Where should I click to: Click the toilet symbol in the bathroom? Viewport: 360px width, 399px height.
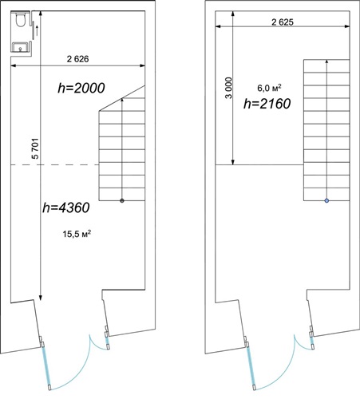pyautogui.click(x=21, y=19)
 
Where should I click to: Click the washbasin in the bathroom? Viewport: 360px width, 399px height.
pyautogui.click(x=20, y=47)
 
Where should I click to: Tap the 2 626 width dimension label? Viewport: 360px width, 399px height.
pyautogui.click(x=77, y=59)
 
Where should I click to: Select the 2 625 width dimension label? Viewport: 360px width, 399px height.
pyautogui.click(x=283, y=22)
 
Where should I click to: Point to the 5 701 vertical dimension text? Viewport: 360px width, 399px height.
pyautogui.click(x=35, y=148)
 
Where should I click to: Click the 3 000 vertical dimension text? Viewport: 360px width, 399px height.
pyautogui.click(x=228, y=88)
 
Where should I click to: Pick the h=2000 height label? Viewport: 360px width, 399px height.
pyautogui.click(x=81, y=88)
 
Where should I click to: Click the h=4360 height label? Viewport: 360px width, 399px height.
pyautogui.click(x=66, y=207)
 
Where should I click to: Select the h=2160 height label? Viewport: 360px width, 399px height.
pyautogui.click(x=267, y=104)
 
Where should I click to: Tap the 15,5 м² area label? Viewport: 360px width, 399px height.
pyautogui.click(x=77, y=234)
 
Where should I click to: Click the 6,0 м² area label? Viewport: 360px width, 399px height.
pyautogui.click(x=269, y=88)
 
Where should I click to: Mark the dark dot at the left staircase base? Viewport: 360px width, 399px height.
pyautogui.click(x=122, y=200)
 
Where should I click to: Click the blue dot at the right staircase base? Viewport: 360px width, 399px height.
pyautogui.click(x=326, y=201)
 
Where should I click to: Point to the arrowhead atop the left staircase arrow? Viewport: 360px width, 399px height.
pyautogui.click(x=122, y=100)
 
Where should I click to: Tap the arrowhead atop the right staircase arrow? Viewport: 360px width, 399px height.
pyautogui.click(x=326, y=61)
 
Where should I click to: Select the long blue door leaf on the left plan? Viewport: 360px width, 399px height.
pyautogui.click(x=46, y=365)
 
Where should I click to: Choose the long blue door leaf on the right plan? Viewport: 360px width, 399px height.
pyautogui.click(x=251, y=365)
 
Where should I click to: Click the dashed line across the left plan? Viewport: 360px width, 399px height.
pyautogui.click(x=55, y=165)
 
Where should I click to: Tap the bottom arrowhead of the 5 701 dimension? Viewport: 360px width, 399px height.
pyautogui.click(x=40, y=298)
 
